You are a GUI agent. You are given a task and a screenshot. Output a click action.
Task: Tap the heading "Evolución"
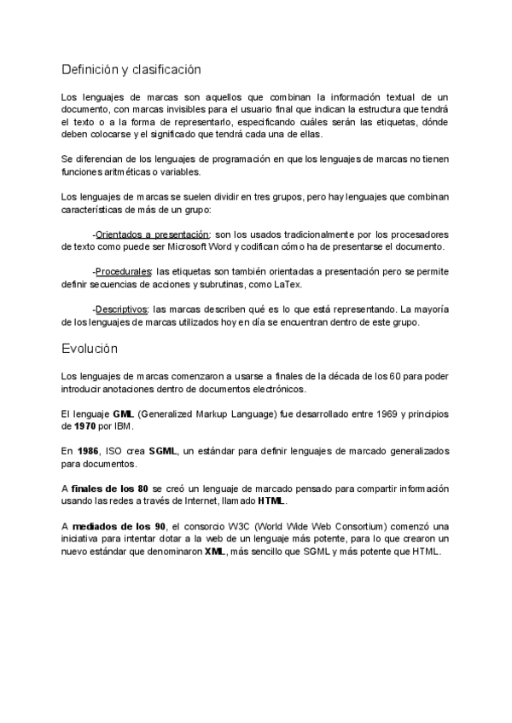point(90,349)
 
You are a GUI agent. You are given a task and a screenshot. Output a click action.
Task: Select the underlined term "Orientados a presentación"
point(152,234)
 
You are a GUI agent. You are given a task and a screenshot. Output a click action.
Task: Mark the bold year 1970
point(84,425)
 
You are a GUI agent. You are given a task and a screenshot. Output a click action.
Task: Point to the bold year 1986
point(86,450)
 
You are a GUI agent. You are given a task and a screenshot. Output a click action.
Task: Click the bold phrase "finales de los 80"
point(111,488)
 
